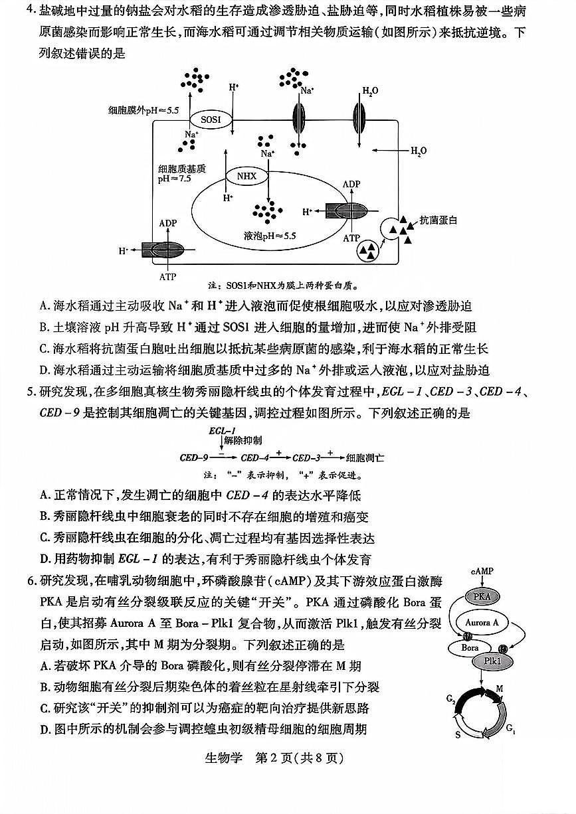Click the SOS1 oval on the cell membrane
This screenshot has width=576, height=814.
(211, 120)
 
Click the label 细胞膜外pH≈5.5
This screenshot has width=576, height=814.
(145, 111)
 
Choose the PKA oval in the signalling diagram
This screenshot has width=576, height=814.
(482, 597)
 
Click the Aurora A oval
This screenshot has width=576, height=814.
(483, 623)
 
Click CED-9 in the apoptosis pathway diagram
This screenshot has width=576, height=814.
(194, 457)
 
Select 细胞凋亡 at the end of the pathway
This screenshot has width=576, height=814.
(365, 457)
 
